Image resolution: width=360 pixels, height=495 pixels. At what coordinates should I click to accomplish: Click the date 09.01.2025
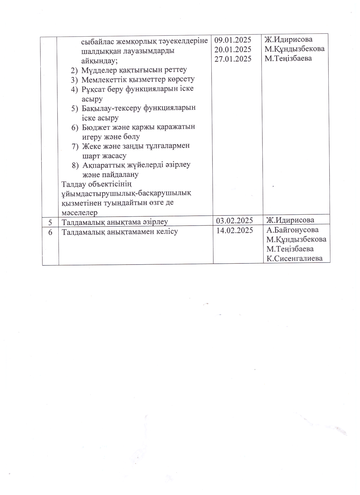pyautogui.click(x=233, y=39)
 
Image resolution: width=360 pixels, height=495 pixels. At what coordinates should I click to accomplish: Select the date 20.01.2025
pyautogui.click(x=233, y=49)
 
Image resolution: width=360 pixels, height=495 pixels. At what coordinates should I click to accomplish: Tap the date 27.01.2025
pyautogui.click(x=233, y=59)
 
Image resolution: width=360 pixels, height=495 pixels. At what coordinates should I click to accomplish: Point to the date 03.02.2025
pyautogui.click(x=234, y=220)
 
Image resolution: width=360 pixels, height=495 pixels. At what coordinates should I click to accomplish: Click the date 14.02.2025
pyautogui.click(x=234, y=230)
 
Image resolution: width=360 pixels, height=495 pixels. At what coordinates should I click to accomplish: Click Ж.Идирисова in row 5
pyautogui.click(x=290, y=220)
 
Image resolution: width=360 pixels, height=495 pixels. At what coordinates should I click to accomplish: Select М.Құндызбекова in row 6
pyautogui.click(x=296, y=239)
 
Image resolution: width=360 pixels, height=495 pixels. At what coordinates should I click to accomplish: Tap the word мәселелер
pyautogui.click(x=80, y=212)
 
